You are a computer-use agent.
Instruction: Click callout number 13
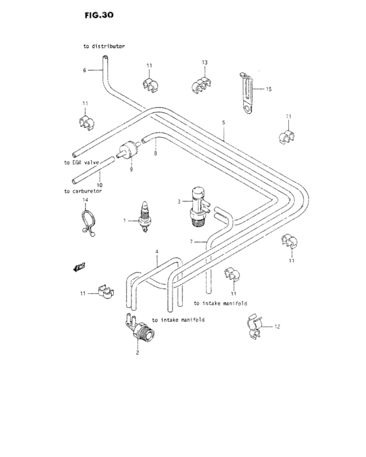pyautogui.click(x=205, y=62)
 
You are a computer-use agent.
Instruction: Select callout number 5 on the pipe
pyautogui.click(x=223, y=122)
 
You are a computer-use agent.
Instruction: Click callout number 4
pyautogui.click(x=157, y=251)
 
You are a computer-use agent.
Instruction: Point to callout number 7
pyautogui.click(x=191, y=241)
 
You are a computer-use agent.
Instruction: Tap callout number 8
pyautogui.click(x=155, y=153)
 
